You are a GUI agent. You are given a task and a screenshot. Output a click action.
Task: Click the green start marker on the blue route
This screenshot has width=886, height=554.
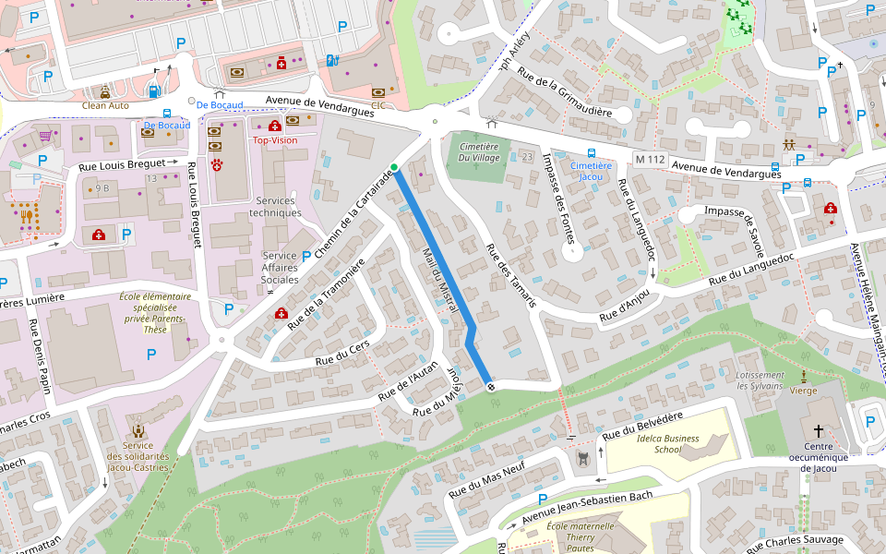(394, 167)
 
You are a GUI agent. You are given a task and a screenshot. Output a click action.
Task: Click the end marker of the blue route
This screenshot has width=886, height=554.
(490, 386)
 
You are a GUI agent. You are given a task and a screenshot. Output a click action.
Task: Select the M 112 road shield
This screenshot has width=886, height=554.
(650, 160)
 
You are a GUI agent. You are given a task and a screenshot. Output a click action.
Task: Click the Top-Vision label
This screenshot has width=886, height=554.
(275, 140)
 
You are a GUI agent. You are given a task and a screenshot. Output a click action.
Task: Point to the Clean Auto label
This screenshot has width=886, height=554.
(106, 105)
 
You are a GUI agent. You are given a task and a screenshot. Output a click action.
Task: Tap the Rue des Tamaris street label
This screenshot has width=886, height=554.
(510, 275)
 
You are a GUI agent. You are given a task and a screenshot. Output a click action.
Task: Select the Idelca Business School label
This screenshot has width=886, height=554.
(667, 443)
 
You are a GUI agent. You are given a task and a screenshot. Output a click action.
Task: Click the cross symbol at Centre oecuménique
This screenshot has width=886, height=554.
(818, 431)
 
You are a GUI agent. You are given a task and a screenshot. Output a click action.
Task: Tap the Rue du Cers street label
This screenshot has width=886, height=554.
(342, 354)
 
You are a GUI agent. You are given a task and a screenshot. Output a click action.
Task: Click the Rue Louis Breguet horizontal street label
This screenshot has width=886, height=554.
(116, 164)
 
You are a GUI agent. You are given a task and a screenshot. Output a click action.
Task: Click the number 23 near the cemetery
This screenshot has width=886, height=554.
(527, 157)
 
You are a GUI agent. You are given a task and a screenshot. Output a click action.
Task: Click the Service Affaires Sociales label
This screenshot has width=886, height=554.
(280, 268)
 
